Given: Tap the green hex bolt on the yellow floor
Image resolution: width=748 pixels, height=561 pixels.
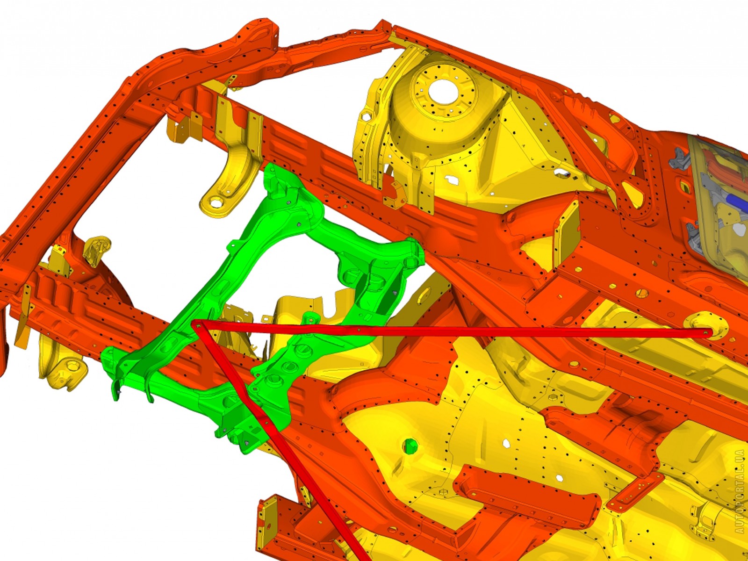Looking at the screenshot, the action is [x=410, y=446].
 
